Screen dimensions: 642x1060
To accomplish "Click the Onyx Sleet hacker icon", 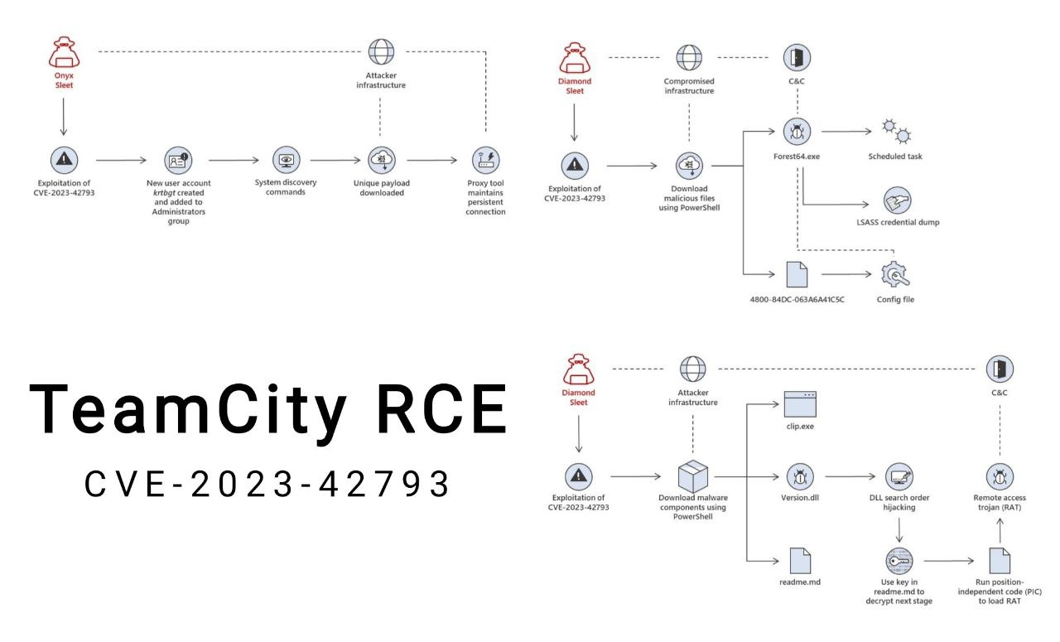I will tap(64, 52).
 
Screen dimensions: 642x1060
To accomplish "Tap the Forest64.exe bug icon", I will tap(797, 130).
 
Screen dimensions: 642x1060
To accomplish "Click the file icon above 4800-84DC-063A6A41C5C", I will tap(797, 274).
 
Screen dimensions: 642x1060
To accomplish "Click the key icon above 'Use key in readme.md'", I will tap(899, 561).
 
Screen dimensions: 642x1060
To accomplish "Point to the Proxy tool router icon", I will tap(485, 159).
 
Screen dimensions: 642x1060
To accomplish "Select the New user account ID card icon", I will tap(177, 159).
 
